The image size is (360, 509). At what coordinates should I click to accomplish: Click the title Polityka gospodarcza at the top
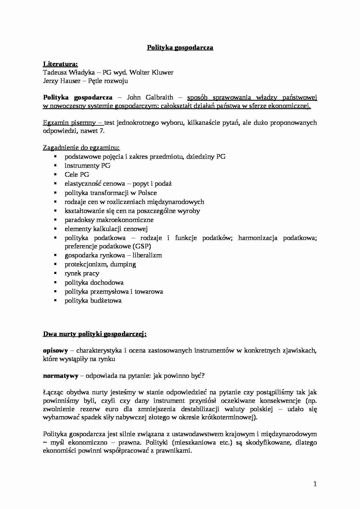pyautogui.click(x=180, y=48)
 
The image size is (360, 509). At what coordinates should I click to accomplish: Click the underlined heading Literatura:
pyautogui.click(x=60, y=64)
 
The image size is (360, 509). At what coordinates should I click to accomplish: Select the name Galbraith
pyautogui.click(x=159, y=97)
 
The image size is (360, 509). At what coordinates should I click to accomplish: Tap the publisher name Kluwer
pyautogui.click(x=163, y=72)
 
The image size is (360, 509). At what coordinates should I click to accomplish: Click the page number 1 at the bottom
pyautogui.click(x=315, y=484)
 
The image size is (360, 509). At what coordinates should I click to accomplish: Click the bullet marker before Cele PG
pyautogui.click(x=55, y=174)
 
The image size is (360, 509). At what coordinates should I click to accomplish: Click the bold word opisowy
pyautogui.click(x=55, y=350)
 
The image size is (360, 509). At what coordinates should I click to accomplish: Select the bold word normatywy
pyautogui.click(x=60, y=376)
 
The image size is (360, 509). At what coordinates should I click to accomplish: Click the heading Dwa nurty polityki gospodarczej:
pyautogui.click(x=95, y=334)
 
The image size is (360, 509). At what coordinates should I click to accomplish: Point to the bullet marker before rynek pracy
pyautogui.click(x=55, y=273)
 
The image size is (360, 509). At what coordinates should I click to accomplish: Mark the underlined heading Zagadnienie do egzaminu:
pyautogui.click(x=81, y=147)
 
